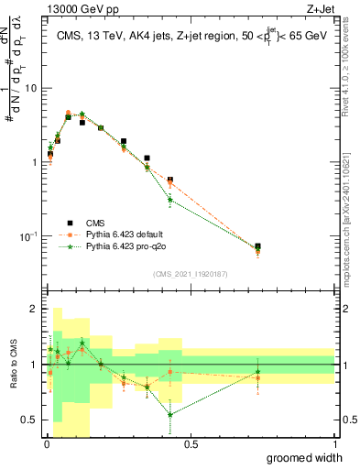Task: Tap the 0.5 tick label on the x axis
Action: click(190, 444)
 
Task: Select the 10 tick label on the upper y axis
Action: click(31, 89)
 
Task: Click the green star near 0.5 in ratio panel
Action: click(169, 414)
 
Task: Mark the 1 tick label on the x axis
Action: click(333, 444)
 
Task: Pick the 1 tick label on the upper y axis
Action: click(35, 163)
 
